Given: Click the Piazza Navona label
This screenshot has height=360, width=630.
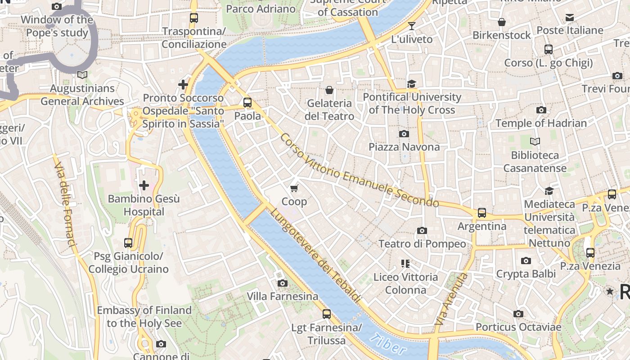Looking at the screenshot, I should [x=404, y=147].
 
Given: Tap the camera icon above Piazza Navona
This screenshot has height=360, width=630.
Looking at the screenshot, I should [x=404, y=134].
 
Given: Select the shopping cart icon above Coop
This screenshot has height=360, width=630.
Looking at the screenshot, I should [x=294, y=188].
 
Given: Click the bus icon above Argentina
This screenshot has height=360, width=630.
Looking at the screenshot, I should [x=482, y=212].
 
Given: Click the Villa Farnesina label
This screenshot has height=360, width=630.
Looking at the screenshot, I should [x=282, y=297].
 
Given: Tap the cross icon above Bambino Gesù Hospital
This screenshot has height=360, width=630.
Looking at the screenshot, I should [x=144, y=185].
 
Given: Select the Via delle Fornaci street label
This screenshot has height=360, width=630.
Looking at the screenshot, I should [x=66, y=204].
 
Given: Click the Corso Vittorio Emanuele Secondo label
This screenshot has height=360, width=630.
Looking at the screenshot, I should [x=359, y=170].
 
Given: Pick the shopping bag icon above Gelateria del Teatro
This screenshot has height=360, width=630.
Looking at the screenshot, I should [x=329, y=90].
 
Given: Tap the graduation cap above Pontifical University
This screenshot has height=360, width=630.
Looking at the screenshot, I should [x=411, y=84].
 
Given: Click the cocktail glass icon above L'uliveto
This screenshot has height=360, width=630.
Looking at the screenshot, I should [x=411, y=26].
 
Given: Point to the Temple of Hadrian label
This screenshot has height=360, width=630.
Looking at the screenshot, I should [x=541, y=123].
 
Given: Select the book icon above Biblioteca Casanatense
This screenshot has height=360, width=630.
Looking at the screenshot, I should [x=535, y=142].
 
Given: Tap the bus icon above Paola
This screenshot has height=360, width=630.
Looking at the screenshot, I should [x=247, y=102].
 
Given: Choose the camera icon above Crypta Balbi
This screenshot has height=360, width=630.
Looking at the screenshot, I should [x=526, y=261].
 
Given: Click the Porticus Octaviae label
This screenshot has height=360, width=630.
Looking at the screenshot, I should [x=518, y=327].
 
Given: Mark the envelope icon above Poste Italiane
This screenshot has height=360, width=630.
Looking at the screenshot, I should [x=570, y=18].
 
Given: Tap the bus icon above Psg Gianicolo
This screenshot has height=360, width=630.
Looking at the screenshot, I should [x=128, y=243].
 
